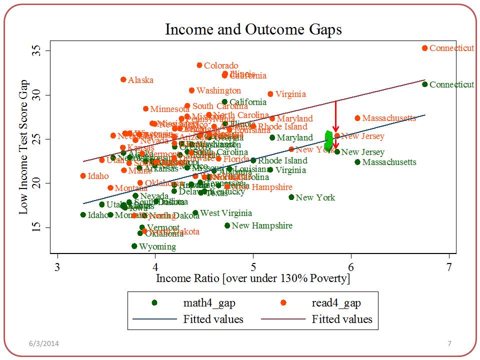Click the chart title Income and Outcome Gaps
click(x=253, y=29)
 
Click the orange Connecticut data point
click(x=424, y=48)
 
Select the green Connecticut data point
click(x=424, y=84)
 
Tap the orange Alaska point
click(x=123, y=79)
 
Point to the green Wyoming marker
click(x=134, y=246)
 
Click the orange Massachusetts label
click(x=388, y=118)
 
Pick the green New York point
click(x=291, y=197)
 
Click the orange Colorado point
click(x=199, y=65)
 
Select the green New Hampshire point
click(x=227, y=225)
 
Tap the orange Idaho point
click(x=83, y=176)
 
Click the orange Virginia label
click(x=290, y=94)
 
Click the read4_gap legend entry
click(x=335, y=302)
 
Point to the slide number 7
click(x=449, y=343)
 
